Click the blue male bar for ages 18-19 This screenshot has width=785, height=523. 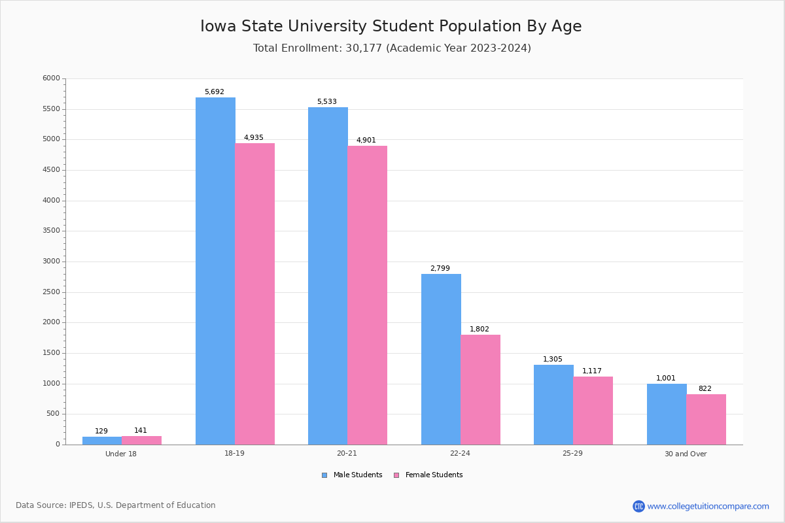215,271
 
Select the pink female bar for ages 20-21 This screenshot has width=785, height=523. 368,295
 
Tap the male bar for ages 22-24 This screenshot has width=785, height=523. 441,359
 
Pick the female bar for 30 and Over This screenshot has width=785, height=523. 706,419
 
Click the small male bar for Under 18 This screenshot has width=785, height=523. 102,441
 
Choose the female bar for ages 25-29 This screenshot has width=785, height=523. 593,411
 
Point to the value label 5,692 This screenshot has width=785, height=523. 214,92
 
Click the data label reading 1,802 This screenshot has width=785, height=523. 479,329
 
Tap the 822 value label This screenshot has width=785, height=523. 705,389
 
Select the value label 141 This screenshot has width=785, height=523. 141,431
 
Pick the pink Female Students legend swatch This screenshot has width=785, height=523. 396,475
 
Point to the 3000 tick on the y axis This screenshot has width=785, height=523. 51,261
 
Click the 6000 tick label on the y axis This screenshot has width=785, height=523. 51,78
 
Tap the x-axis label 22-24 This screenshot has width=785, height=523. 460,454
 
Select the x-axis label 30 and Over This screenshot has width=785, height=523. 686,454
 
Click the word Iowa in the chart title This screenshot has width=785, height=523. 218,26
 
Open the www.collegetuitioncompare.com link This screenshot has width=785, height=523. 708,506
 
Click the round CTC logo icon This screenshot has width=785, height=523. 638,506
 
